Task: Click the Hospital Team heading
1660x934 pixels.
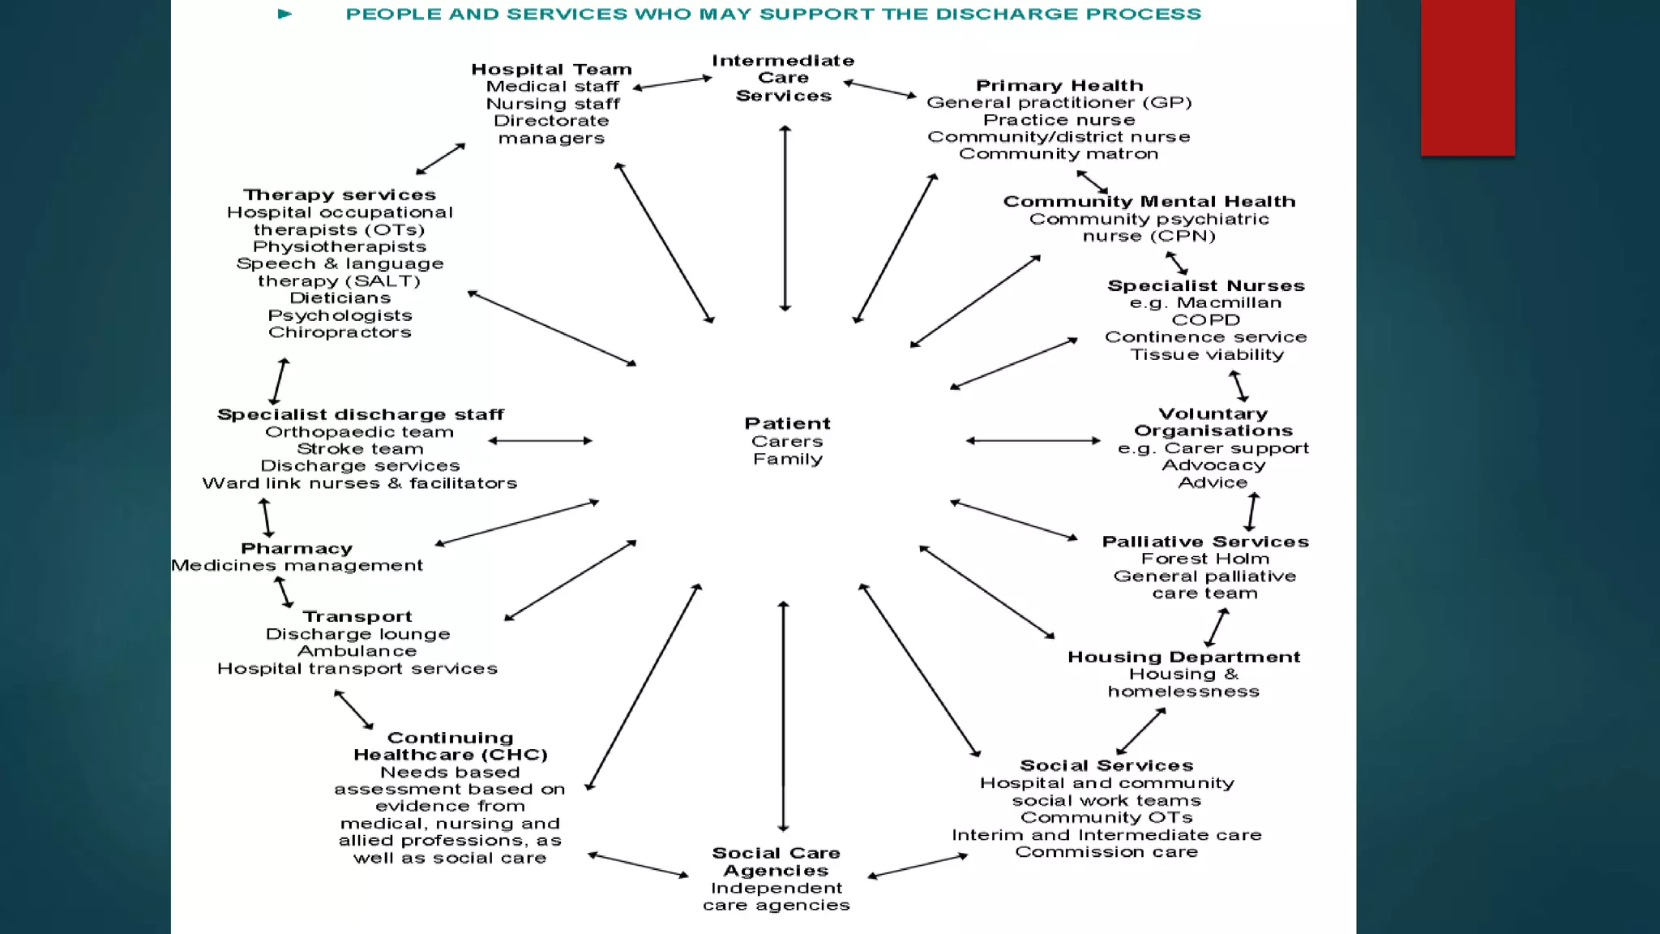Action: click(551, 70)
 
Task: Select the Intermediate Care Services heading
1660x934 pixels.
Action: click(783, 78)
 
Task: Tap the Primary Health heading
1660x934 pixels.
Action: click(1059, 86)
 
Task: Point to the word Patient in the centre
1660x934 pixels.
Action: click(787, 424)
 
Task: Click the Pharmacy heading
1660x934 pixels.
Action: click(297, 549)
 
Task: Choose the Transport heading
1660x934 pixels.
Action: click(357, 617)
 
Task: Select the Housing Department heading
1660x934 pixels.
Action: click(1183, 658)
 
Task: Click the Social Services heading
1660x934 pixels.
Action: click(1106, 766)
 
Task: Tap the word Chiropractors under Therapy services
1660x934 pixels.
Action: click(340, 332)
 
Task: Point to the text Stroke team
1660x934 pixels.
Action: click(360, 449)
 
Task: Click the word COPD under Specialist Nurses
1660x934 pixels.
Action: click(1205, 320)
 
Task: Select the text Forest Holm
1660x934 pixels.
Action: click(1204, 559)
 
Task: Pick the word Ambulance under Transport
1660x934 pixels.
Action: click(357, 652)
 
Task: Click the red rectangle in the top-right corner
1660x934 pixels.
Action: click(1467, 77)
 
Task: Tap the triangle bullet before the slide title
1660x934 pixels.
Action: click(285, 14)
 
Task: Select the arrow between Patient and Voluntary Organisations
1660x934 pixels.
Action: click(1033, 441)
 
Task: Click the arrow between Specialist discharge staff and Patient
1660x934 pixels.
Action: click(541, 441)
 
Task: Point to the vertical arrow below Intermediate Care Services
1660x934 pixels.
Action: click(785, 219)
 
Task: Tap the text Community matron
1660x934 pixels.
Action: click(1059, 154)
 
